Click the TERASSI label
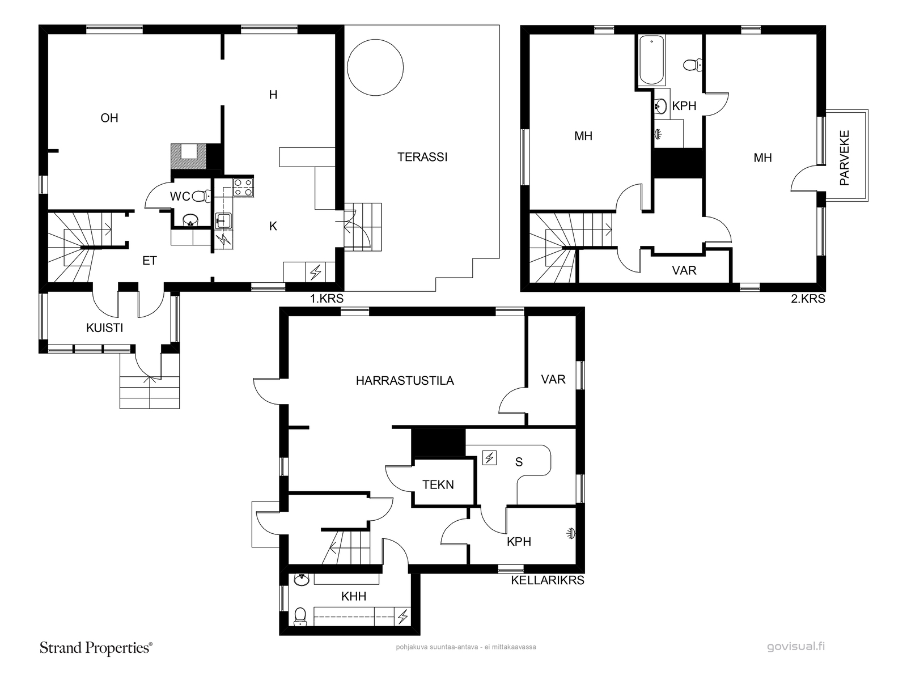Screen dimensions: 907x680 (x=422, y=157)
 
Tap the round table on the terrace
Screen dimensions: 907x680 (x=375, y=67)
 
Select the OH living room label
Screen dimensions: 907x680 (x=109, y=118)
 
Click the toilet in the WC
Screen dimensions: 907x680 (x=202, y=195)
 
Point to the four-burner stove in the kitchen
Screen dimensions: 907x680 (x=243, y=187)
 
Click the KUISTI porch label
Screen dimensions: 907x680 (x=104, y=328)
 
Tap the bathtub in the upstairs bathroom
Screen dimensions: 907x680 (x=651, y=61)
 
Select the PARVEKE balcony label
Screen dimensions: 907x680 (x=845, y=158)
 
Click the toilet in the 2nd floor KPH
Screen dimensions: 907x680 (x=693, y=65)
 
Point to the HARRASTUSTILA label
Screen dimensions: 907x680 (x=405, y=381)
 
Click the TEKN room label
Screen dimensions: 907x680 (x=438, y=484)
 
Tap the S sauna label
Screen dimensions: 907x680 (x=519, y=462)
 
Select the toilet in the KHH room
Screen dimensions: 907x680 (x=300, y=617)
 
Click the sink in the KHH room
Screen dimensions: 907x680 (x=302, y=580)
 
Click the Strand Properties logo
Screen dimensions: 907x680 (x=96, y=648)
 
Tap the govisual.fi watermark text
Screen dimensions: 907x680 (x=796, y=646)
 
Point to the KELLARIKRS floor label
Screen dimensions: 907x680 (x=548, y=580)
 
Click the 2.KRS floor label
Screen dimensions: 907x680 (x=808, y=299)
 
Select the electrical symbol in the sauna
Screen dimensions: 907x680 (x=490, y=458)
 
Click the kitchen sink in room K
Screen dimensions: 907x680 (x=223, y=221)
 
